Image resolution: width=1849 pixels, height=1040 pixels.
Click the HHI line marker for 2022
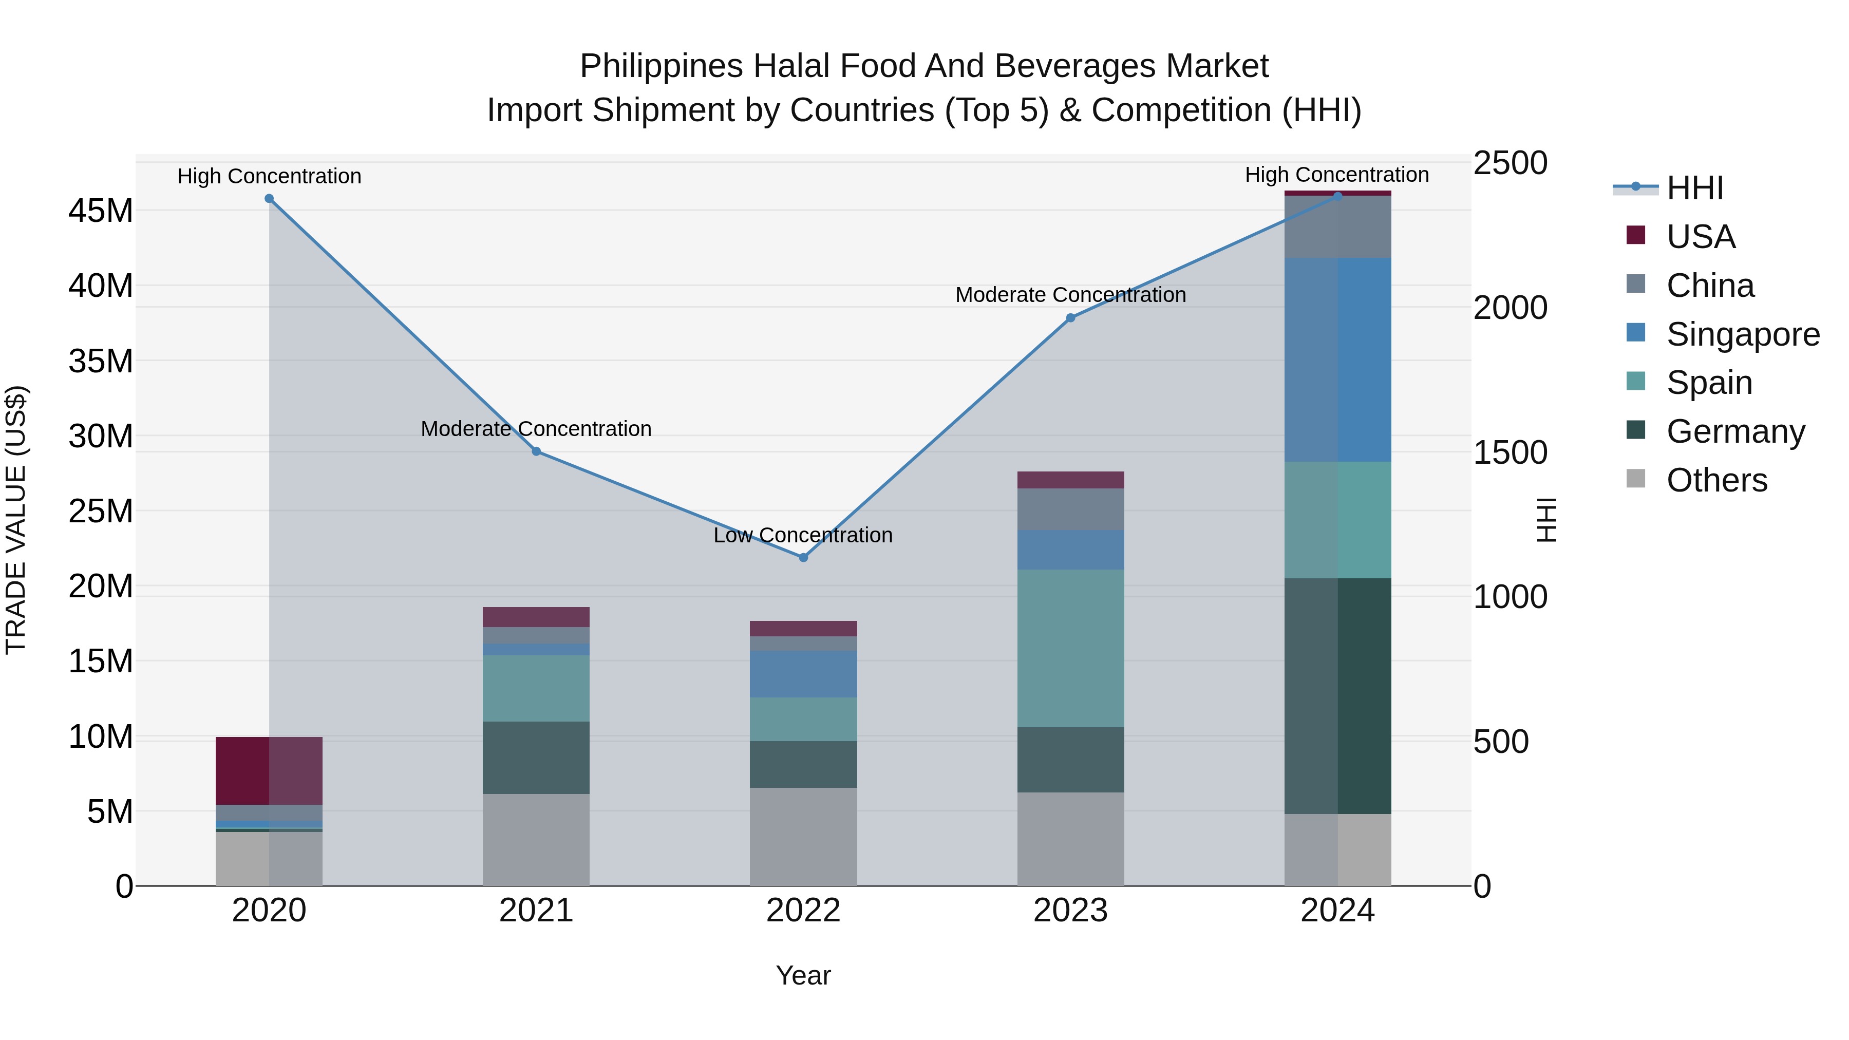click(803, 558)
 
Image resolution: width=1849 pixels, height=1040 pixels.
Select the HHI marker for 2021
click(536, 451)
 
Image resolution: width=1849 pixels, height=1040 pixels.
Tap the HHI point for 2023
click(1070, 318)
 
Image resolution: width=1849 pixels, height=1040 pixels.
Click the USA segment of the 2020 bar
click(269, 770)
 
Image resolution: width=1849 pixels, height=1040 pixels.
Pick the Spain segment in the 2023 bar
click(1070, 648)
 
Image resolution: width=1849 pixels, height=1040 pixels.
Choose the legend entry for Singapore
click(1742, 334)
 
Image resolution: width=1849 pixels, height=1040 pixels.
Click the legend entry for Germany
click(1735, 431)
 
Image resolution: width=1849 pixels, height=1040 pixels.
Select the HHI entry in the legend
click(1694, 188)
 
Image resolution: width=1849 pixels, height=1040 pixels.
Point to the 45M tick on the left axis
click(101, 212)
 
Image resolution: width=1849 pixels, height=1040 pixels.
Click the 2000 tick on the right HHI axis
click(1510, 308)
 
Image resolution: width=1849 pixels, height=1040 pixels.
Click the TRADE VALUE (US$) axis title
click(16, 520)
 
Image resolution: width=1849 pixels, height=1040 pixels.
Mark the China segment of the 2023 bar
click(1070, 509)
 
